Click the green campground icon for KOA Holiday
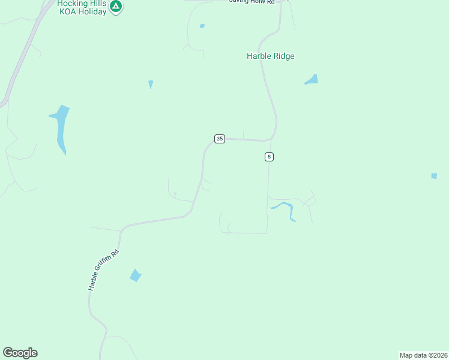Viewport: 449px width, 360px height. pos(116,7)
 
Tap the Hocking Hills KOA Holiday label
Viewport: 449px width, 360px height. pos(82,7)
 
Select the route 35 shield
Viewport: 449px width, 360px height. pos(220,139)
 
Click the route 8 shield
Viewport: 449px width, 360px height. pos(269,157)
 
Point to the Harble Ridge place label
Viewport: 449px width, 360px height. pos(271,56)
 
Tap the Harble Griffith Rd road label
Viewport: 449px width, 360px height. pos(104,270)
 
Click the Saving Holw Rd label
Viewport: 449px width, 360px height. pos(251,2)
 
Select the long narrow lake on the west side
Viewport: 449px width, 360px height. pos(61,127)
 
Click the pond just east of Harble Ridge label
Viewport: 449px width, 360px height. pos(312,80)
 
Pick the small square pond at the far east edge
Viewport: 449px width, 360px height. pos(434,176)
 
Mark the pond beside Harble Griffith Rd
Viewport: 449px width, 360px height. pos(136,275)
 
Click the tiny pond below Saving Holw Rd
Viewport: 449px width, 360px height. pos(202,26)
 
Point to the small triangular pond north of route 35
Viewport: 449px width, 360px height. pos(150,83)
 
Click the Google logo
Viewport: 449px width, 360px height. pos(20,353)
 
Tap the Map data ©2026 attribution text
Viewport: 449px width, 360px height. pos(423,355)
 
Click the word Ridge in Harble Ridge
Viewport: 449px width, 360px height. pos(283,56)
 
